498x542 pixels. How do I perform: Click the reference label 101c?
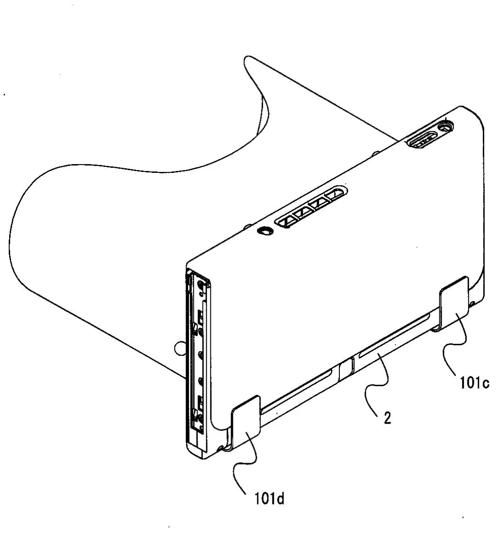pyautogui.click(x=474, y=383)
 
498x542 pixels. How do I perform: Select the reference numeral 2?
pyautogui.click(x=387, y=418)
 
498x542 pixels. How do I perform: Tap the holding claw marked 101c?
pyautogui.click(x=455, y=304)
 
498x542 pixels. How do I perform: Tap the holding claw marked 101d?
pyautogui.click(x=246, y=421)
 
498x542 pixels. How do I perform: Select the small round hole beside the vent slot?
pyautogui.click(x=265, y=231)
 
